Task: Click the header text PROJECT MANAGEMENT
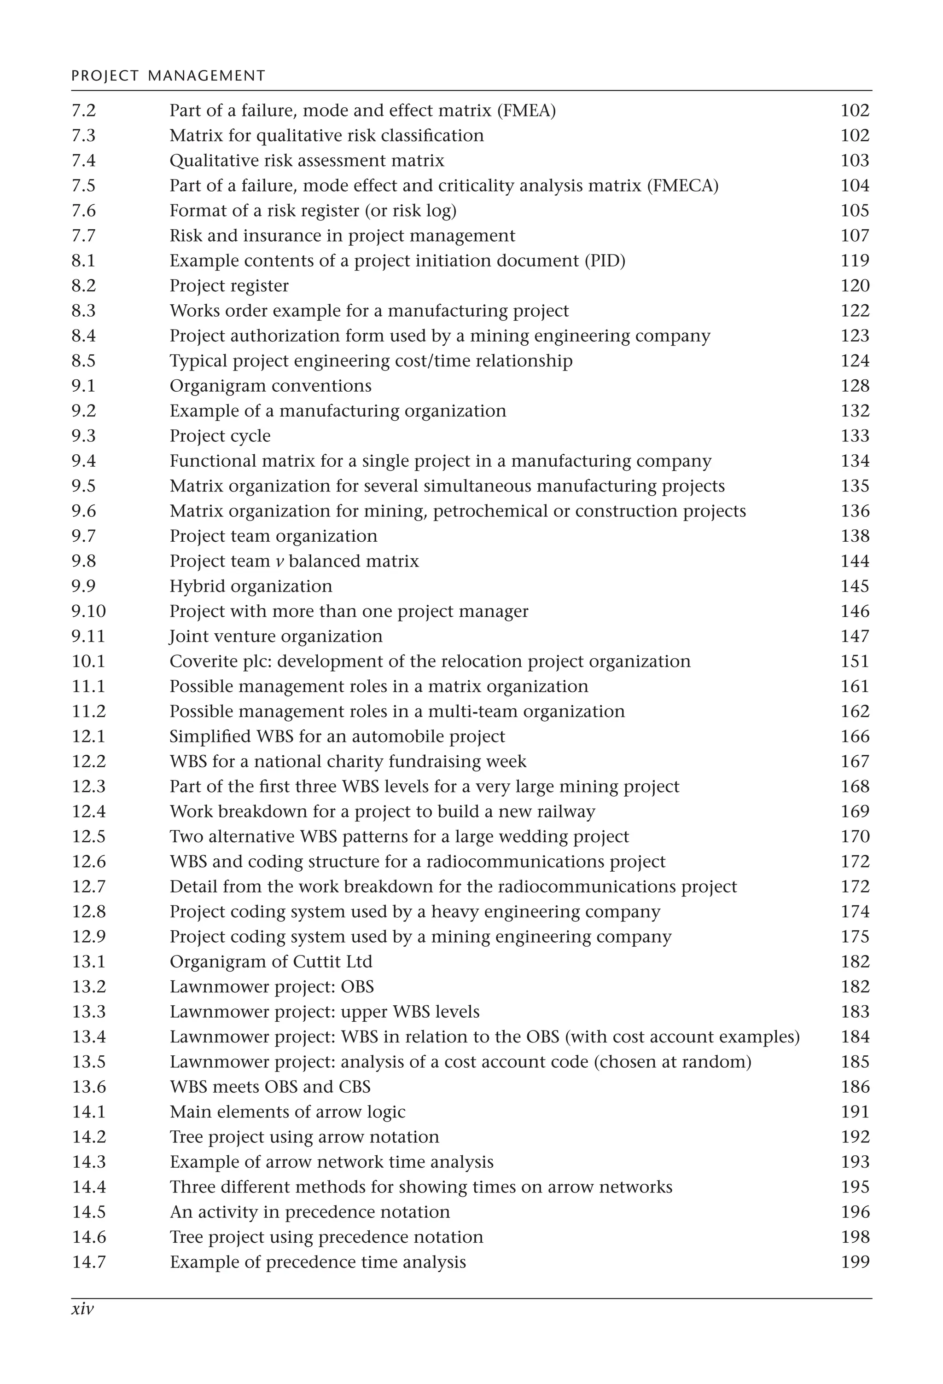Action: [x=168, y=75]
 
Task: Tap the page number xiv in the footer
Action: [x=83, y=1309]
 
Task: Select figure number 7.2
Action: [x=83, y=111]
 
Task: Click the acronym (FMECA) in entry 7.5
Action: [x=683, y=186]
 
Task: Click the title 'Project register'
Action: [x=229, y=286]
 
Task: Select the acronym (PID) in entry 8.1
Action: [x=605, y=261]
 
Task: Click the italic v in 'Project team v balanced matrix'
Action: [x=279, y=562]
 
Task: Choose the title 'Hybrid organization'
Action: [x=251, y=586]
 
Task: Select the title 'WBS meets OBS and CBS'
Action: [x=270, y=1087]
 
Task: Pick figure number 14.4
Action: [x=89, y=1187]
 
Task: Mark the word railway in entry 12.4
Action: [x=566, y=812]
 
